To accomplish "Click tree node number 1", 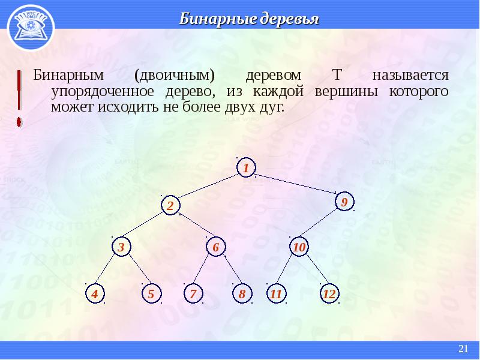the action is (x=246, y=167).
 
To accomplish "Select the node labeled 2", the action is (x=170, y=205).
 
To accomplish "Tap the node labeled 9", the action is (x=344, y=202).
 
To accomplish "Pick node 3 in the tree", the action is (x=122, y=247).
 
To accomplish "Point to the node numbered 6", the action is (x=216, y=247).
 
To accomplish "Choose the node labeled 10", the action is (x=299, y=247).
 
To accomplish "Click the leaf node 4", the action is (x=95, y=293).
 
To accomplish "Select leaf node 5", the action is (x=151, y=293).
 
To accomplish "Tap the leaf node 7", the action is (x=193, y=293).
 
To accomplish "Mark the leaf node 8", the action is (x=242, y=293).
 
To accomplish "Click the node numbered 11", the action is (x=276, y=293).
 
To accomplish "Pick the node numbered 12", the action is (x=329, y=293).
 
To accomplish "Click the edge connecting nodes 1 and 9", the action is (x=295, y=184).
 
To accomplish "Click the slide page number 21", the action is (x=463, y=349).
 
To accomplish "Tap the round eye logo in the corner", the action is (x=31, y=28).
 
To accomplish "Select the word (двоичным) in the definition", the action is (x=175, y=76).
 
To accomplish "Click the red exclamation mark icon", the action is (x=19, y=98).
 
